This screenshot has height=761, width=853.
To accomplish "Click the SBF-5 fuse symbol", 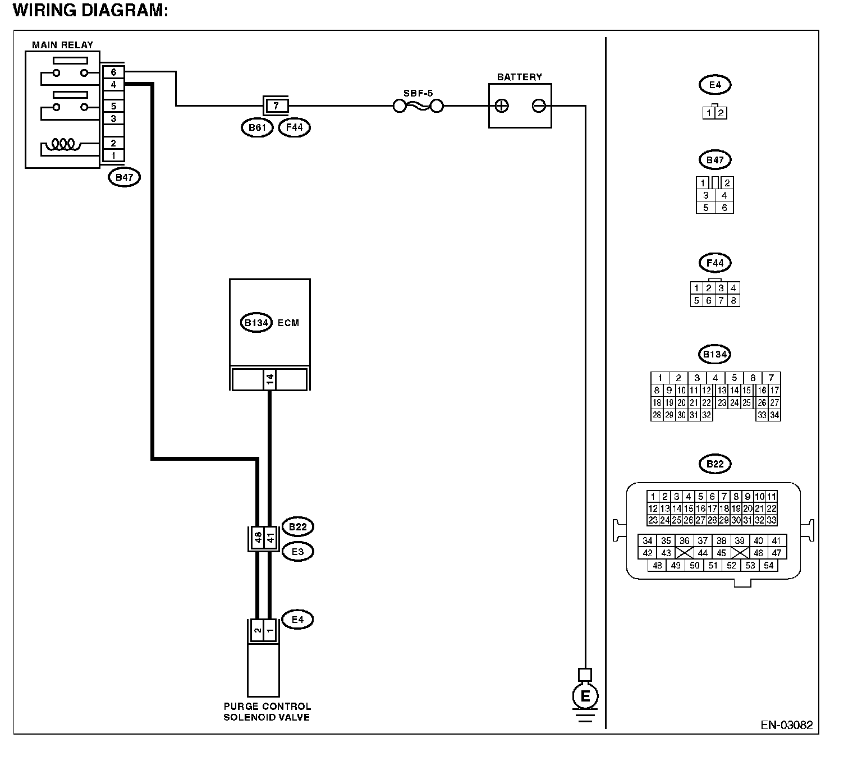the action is pos(418,106).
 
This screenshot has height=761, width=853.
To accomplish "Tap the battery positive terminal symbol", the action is pos(502,106).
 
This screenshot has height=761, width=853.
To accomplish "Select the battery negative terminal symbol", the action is pos(539,106).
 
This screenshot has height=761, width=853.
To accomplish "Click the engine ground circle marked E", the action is pos(585,696).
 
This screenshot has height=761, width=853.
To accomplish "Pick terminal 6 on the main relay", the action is pos(113,72).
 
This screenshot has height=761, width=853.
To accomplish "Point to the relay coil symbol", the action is pos(63,144).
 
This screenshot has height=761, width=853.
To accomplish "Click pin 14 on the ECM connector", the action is pos(269,379).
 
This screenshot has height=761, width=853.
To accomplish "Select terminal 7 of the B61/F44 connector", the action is pos(276,106).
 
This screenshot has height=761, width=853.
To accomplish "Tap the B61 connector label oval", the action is pos(257,127).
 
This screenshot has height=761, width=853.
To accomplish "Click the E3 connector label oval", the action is pos(297,552).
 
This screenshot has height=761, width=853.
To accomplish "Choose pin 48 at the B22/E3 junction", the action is pos(258,538).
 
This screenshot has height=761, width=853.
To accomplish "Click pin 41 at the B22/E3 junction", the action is pos(270,538).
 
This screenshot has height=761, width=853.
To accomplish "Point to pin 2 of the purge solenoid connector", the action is pos(257,630).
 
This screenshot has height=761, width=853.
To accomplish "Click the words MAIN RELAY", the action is pos(63,45).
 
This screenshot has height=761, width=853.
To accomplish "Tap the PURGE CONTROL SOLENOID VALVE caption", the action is pos(267,712).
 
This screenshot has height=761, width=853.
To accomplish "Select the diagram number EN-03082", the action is pos(786,725).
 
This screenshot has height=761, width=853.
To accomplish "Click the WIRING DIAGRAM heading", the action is pos(90,10).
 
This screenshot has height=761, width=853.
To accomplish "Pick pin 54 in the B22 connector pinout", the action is pos(768,565).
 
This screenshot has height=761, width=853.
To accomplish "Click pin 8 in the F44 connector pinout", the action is pos(733,301).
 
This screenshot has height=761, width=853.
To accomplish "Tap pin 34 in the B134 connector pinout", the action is pos(774,415).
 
